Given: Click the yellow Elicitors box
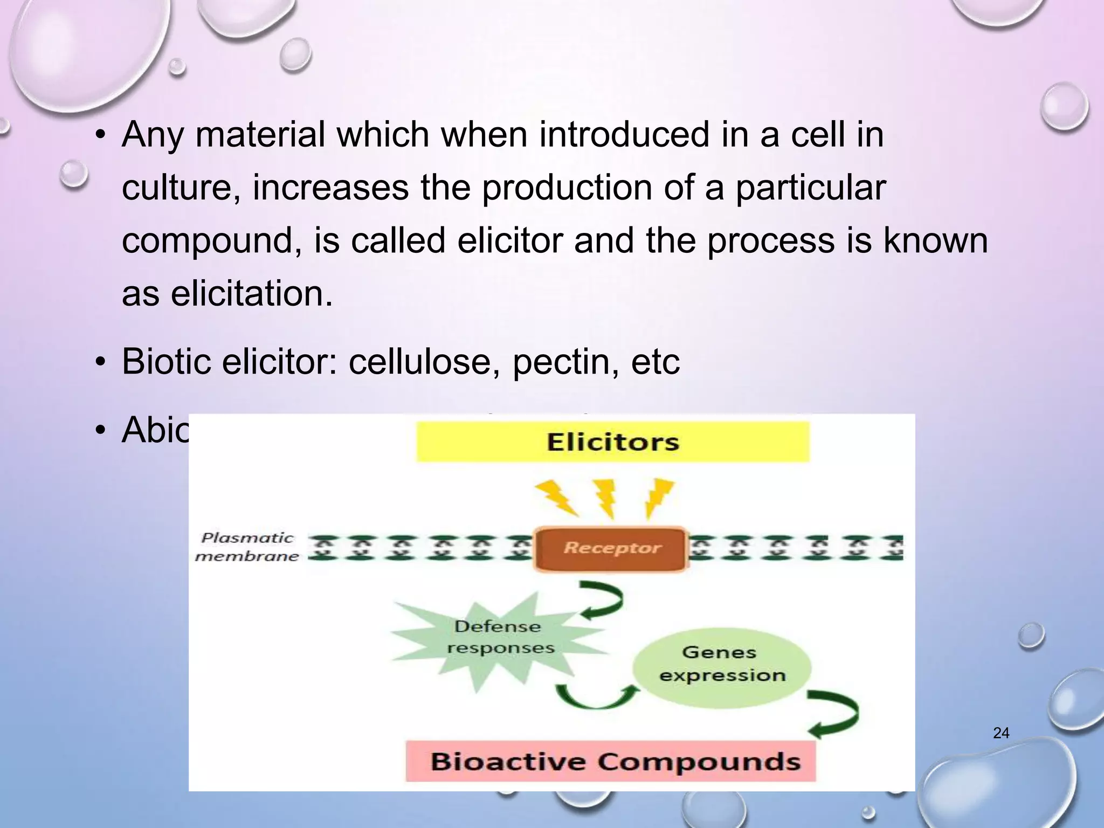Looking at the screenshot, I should tap(612, 442).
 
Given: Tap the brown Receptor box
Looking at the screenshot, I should tap(611, 549).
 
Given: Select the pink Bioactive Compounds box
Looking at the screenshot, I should tap(611, 761).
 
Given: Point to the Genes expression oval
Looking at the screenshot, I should tap(721, 664).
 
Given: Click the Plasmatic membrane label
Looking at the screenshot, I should tap(247, 547).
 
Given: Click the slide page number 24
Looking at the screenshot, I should tap(1001, 733).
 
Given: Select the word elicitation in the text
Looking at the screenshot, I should tap(252, 294).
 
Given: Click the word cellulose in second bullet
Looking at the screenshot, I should tap(427, 362).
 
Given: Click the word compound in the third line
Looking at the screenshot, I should tap(211, 241).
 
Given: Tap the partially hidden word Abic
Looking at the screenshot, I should tap(155, 431).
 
